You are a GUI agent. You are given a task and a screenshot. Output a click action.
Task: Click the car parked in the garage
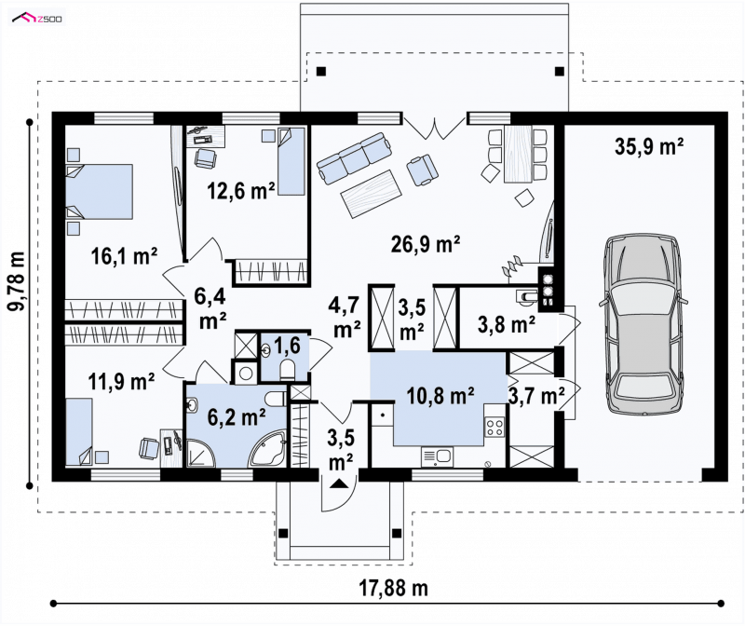point(643,323)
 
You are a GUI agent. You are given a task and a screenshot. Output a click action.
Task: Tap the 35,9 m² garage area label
point(649,146)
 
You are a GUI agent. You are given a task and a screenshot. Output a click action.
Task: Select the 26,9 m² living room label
point(426,244)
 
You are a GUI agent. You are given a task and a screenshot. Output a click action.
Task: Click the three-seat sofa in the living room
point(354,157)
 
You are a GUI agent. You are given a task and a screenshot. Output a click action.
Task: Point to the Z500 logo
point(37,19)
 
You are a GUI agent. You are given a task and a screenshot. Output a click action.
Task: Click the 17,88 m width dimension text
point(393,588)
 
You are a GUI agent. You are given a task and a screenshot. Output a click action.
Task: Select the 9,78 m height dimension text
point(18,281)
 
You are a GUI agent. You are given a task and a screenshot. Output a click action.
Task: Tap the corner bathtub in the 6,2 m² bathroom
point(268,449)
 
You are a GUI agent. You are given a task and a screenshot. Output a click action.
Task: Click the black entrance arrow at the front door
point(338,483)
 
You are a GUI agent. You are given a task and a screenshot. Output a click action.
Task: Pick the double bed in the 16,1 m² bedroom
point(99,192)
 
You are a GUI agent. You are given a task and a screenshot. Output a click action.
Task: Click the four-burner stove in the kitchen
point(494,427)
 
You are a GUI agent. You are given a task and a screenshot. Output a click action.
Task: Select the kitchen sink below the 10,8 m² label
point(437,457)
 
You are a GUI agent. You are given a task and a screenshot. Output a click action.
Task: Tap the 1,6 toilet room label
point(287,345)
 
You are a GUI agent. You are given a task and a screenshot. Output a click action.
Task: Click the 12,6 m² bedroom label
point(241,191)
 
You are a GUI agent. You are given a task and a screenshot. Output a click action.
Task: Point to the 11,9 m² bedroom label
point(121,381)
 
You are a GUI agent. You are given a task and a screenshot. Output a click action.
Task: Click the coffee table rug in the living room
point(371,194)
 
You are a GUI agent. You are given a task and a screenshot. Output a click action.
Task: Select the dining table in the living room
point(518,154)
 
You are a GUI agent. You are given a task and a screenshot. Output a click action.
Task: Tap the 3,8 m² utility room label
point(507,325)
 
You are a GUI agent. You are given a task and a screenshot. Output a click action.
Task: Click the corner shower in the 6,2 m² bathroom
point(200,453)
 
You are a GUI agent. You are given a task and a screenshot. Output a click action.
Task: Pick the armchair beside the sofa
point(422,170)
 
